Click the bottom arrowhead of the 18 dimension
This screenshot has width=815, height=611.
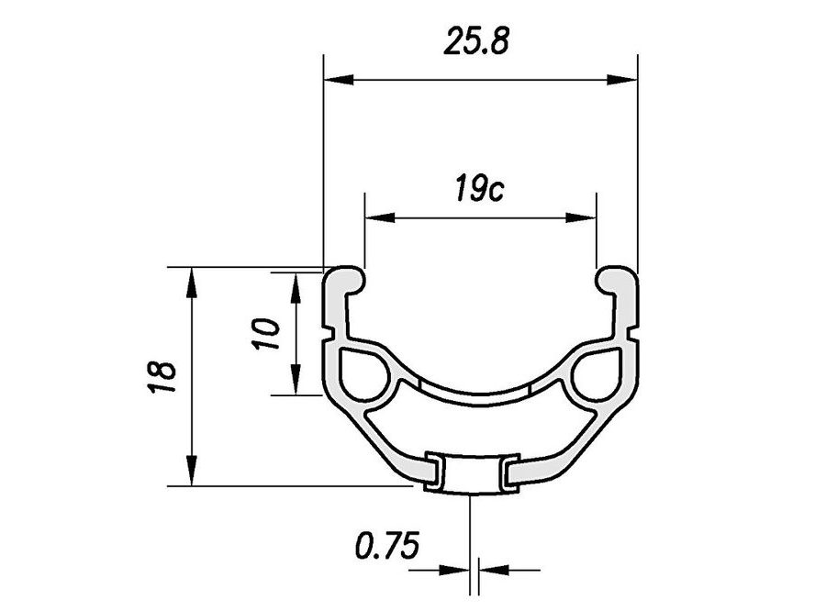pyautogui.click(x=192, y=473)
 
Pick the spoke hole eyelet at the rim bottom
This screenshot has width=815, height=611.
pyautogui.click(x=473, y=473)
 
